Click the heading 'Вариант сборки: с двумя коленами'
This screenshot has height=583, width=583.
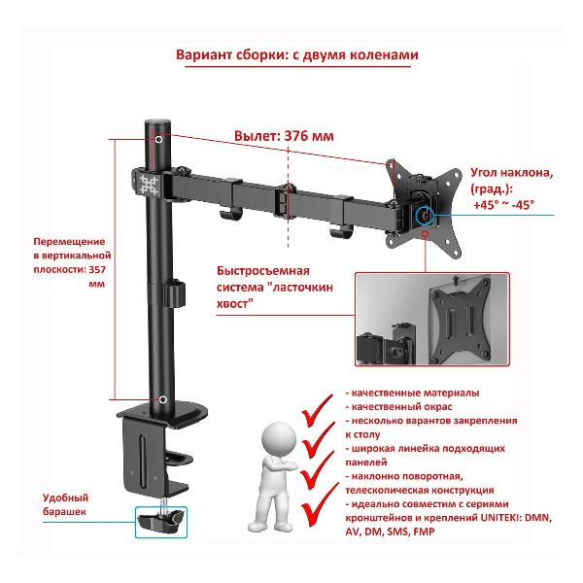(x=297, y=55)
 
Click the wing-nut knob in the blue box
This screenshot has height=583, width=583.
(x=161, y=524)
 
